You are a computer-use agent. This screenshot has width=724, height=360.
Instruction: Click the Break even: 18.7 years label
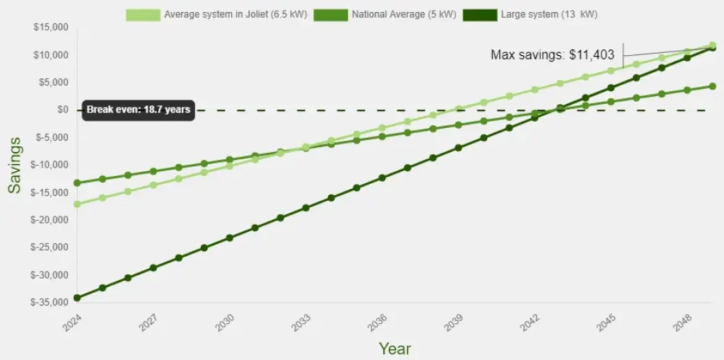tap(137, 110)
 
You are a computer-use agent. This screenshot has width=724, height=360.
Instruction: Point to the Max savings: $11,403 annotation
tap(552, 55)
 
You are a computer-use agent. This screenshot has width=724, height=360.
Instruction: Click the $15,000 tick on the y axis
tap(51, 28)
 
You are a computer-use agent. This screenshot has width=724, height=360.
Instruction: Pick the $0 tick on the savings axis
tap(62, 110)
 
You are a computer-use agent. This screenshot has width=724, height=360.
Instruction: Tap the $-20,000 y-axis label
tap(49, 220)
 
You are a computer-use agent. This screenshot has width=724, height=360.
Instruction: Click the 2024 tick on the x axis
tap(73, 323)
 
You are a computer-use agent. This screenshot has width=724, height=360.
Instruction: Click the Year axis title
tap(395, 348)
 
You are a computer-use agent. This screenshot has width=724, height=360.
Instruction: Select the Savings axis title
tap(15, 165)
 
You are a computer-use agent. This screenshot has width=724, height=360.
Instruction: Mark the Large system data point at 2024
tap(77, 298)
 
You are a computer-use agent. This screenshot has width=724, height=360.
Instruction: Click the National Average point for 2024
tap(77, 183)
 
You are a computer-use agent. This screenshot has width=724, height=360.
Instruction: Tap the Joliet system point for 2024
tap(77, 204)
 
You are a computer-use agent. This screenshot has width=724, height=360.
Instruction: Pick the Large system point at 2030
tap(229, 238)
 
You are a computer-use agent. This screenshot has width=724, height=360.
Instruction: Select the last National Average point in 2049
tap(713, 86)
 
